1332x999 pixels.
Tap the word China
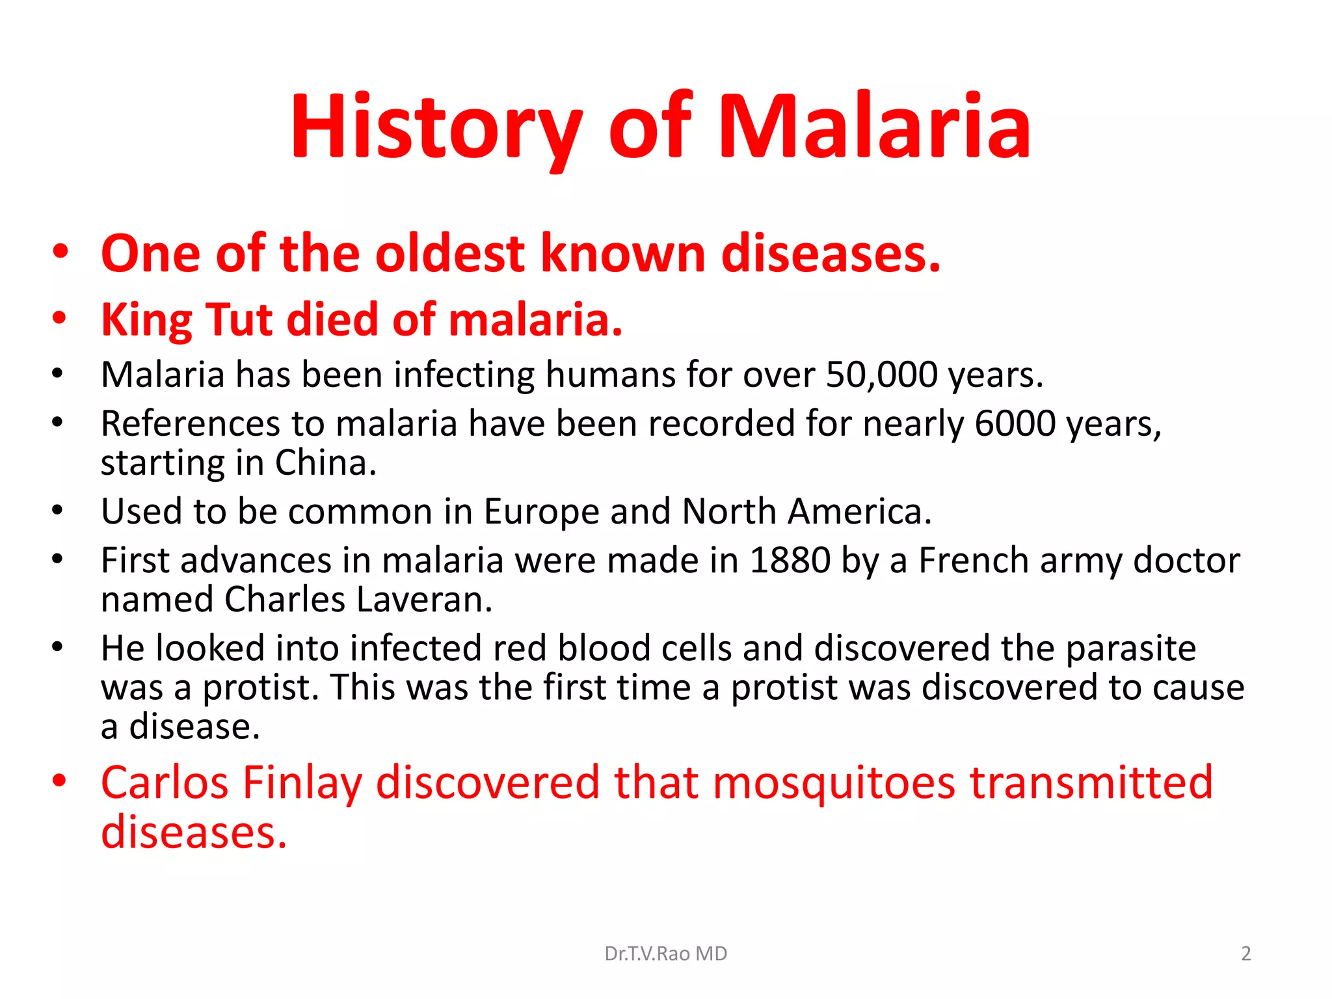tap(325, 463)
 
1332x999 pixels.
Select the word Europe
tap(541, 511)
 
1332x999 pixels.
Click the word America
tap(859, 511)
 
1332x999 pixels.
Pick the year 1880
tap(790, 560)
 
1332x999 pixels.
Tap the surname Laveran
tap(424, 599)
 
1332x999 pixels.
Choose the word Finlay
tap(302, 783)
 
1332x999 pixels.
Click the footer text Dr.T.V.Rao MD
tap(665, 953)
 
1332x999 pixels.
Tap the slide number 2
tap(1245, 953)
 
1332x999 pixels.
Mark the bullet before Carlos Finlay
tap(60, 780)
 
